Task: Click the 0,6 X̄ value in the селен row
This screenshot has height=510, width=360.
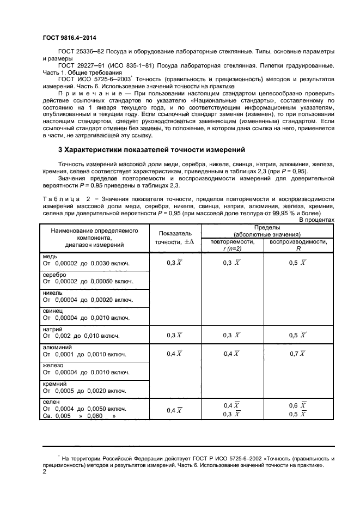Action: (x=296, y=405)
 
